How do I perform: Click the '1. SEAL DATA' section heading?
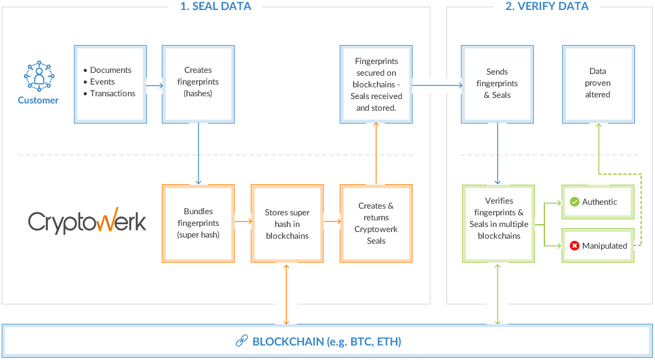(x=216, y=7)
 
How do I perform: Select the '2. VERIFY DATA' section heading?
(x=547, y=7)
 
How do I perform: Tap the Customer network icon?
(x=38, y=77)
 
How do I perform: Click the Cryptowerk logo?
(x=87, y=221)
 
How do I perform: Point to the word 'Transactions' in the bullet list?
(x=112, y=93)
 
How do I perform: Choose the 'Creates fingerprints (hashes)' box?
(x=198, y=84)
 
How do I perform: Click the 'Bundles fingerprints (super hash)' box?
(x=198, y=223)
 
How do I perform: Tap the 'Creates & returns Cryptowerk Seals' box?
(x=376, y=223)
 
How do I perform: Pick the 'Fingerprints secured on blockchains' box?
(x=376, y=84)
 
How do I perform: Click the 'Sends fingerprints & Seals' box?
(x=497, y=84)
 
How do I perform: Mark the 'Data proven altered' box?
(x=598, y=84)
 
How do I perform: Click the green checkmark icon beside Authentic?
(x=574, y=202)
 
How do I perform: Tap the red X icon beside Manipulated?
(x=574, y=245)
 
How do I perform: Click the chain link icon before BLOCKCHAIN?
(x=241, y=341)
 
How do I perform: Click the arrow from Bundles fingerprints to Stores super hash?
(x=242, y=221)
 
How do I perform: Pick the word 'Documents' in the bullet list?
(x=111, y=70)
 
